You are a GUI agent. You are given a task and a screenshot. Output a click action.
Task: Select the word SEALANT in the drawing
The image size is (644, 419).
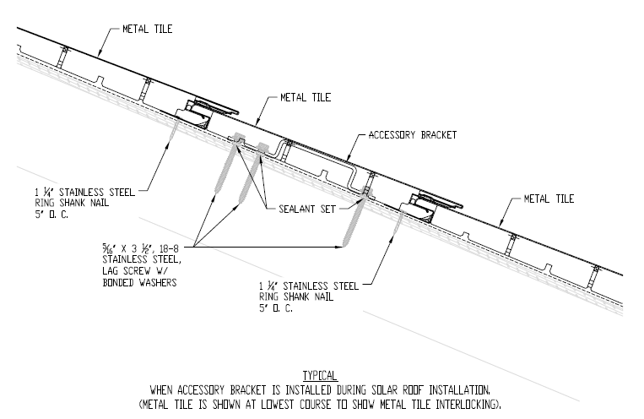pos(295,205)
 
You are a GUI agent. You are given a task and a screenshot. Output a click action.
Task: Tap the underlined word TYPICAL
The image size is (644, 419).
pos(320,375)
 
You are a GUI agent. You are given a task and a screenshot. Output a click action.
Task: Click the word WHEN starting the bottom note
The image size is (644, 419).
pos(164,390)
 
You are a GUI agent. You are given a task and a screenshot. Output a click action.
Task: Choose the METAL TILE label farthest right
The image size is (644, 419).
pos(549,199)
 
